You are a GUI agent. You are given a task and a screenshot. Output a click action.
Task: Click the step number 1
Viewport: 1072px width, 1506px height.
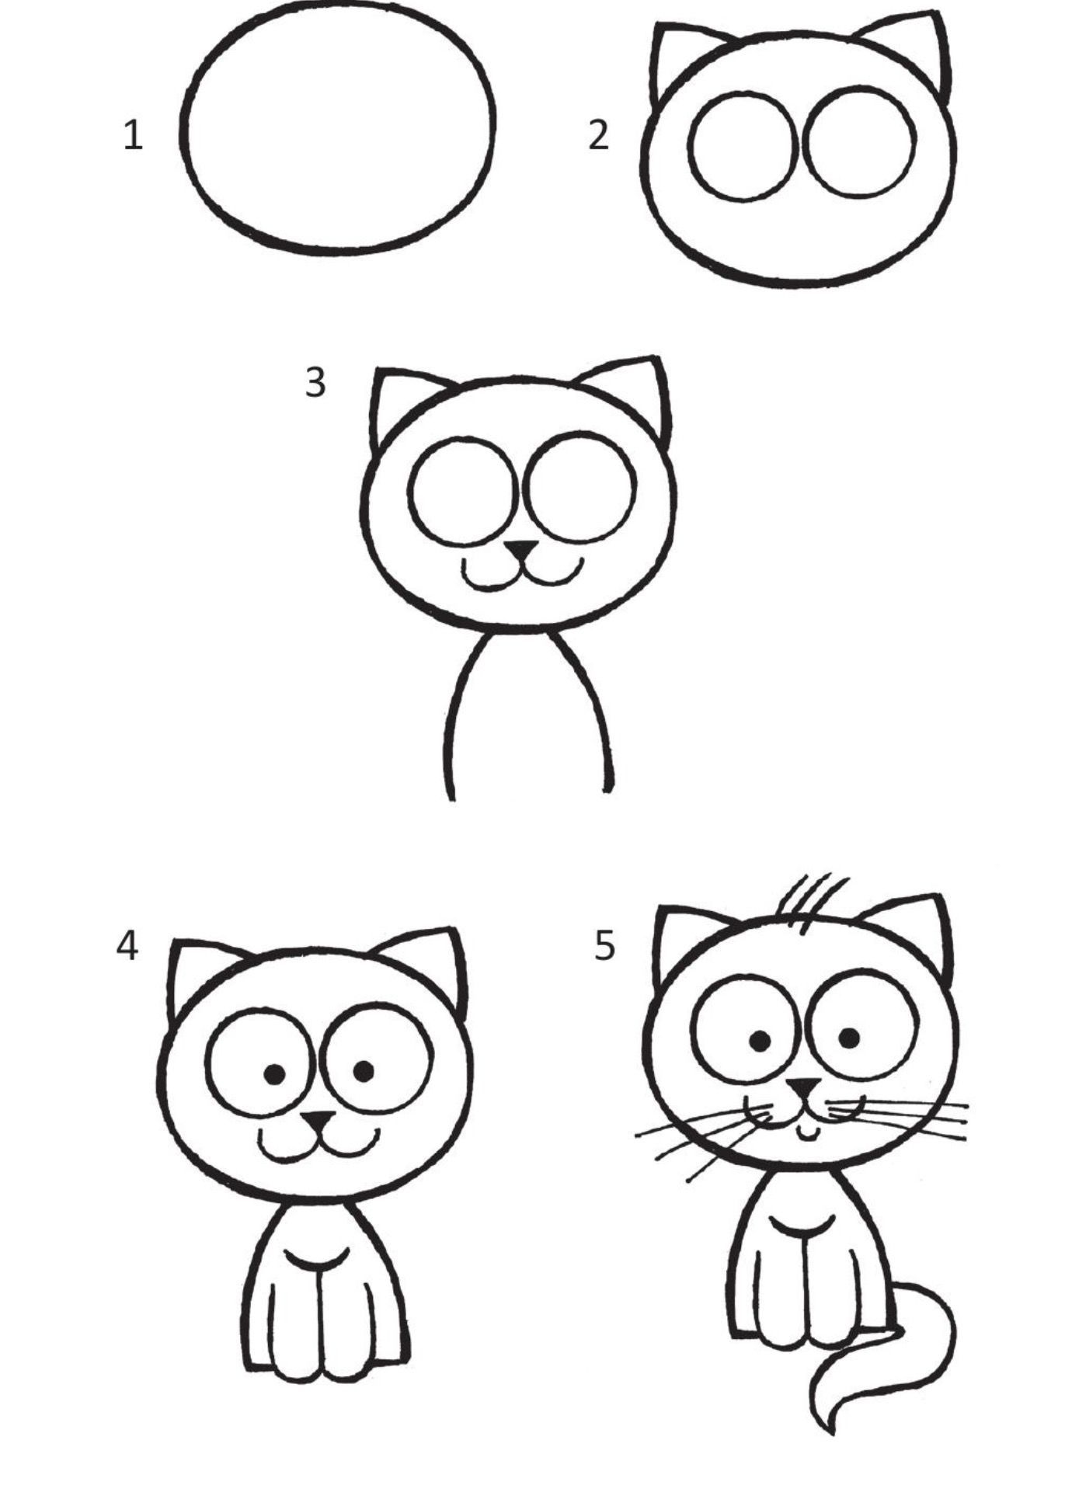[x=134, y=136]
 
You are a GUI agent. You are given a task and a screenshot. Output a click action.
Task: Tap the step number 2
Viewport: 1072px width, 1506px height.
[x=598, y=135]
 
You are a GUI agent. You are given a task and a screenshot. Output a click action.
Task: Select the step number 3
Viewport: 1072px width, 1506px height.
[x=315, y=382]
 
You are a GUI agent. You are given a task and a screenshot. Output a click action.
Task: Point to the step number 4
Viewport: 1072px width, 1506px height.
[x=127, y=946]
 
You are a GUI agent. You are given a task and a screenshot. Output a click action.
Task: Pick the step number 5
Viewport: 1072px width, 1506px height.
[x=604, y=946]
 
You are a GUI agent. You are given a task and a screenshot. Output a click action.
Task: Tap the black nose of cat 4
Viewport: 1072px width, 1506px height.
[x=318, y=1121]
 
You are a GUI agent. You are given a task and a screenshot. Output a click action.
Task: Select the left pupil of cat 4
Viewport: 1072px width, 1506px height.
[x=274, y=1074]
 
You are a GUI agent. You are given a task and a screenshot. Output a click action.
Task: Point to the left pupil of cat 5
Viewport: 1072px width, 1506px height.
[x=760, y=1039]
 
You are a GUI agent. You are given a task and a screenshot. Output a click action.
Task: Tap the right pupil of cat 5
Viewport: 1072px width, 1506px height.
[x=849, y=1037]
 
